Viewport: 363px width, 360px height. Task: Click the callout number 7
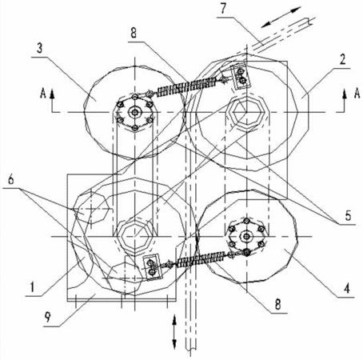click(223, 9)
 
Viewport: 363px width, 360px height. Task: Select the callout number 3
click(39, 49)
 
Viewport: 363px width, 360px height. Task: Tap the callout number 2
click(343, 59)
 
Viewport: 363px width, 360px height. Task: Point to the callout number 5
click(348, 216)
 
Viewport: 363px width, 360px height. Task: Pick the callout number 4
click(346, 289)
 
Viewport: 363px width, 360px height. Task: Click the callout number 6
click(11, 180)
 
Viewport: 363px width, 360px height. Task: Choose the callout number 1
click(32, 288)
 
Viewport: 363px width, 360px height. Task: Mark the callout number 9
click(48, 317)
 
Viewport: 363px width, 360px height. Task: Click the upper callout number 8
click(134, 33)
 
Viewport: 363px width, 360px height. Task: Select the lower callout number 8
click(277, 304)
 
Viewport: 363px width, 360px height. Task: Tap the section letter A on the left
click(42, 94)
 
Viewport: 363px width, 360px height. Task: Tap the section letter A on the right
click(357, 94)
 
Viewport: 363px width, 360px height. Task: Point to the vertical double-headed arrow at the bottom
click(174, 332)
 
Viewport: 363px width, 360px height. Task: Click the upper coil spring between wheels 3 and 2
click(186, 87)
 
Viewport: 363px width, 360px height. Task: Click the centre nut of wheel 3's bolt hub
click(135, 112)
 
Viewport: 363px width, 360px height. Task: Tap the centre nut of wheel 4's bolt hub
click(246, 236)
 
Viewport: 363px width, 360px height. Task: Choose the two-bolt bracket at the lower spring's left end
click(152, 267)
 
